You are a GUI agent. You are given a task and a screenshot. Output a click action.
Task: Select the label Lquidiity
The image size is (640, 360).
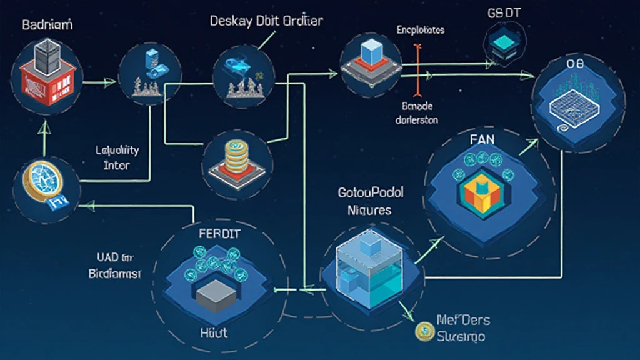point(117,151)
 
